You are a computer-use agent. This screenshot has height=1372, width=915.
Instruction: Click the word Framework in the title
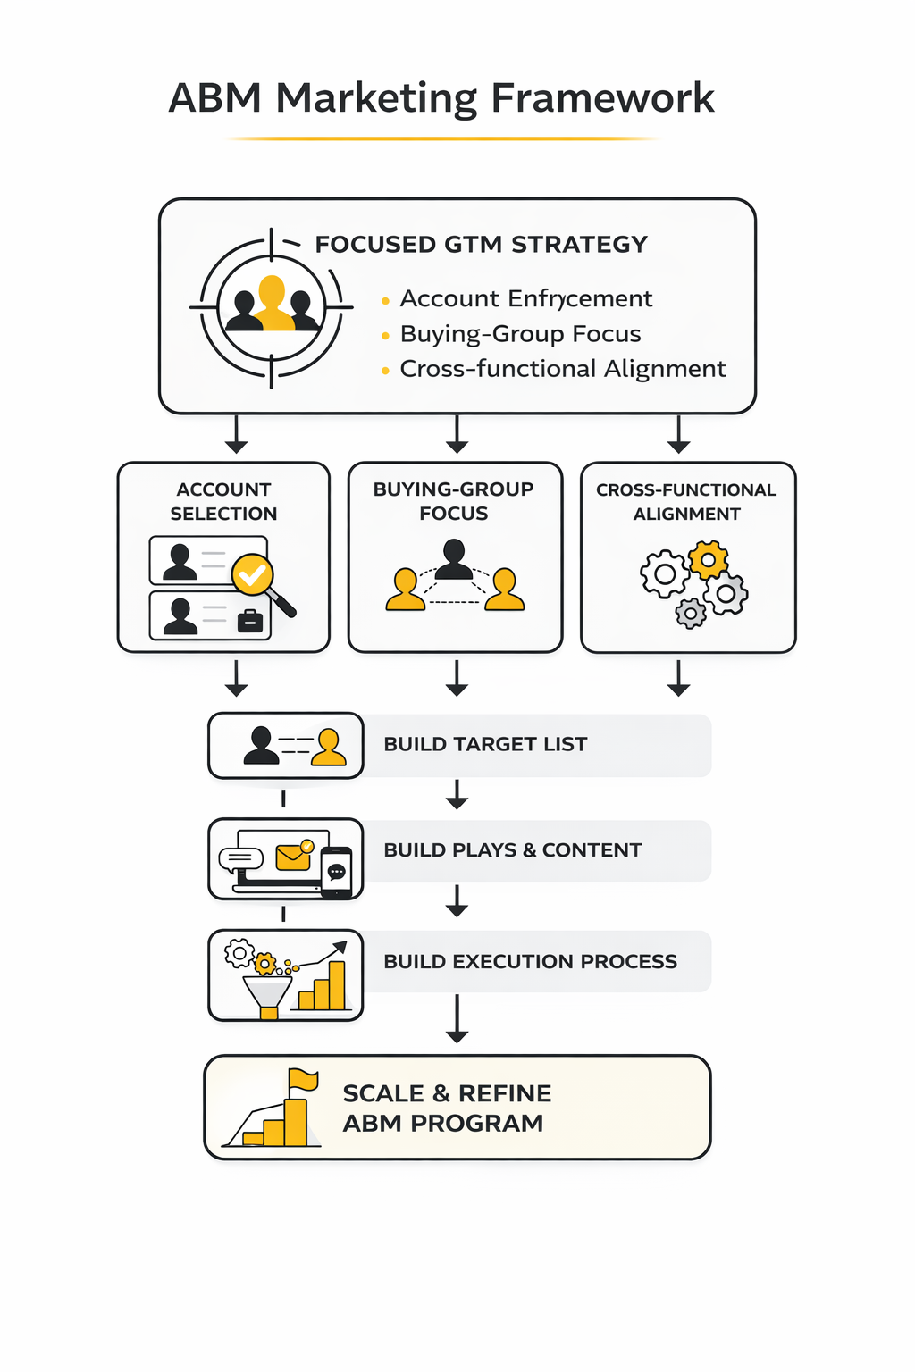click(x=603, y=98)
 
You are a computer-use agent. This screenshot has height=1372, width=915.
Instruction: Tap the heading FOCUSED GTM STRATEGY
click(x=481, y=245)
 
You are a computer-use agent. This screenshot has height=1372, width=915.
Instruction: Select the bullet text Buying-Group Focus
click(x=520, y=334)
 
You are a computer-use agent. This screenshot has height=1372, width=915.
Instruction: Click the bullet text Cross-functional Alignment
click(x=562, y=369)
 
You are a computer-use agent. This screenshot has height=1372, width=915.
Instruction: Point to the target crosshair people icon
click(x=272, y=307)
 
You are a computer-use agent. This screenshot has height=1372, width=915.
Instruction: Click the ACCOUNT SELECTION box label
click(x=223, y=501)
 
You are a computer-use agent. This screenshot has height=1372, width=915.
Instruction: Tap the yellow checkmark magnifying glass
click(x=253, y=574)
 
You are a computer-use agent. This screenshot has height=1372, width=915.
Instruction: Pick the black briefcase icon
click(x=250, y=621)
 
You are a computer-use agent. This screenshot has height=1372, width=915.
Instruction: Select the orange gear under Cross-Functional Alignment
click(x=709, y=560)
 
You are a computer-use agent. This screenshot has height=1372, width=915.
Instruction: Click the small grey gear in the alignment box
click(x=691, y=614)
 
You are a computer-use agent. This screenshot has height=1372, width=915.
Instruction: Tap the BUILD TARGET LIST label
click(x=485, y=744)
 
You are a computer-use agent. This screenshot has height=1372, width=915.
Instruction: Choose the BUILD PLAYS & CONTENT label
click(x=512, y=850)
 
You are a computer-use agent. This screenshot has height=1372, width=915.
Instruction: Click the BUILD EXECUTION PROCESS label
click(x=530, y=962)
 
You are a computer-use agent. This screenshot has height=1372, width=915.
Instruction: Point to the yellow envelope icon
click(x=293, y=857)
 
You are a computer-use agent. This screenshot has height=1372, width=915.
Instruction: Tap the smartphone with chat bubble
click(x=337, y=872)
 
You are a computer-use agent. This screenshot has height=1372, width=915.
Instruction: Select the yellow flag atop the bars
click(x=303, y=1080)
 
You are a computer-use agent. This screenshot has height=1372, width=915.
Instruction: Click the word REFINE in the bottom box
click(x=504, y=1094)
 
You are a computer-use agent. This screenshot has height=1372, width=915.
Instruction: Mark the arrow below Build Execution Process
click(x=457, y=1020)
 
